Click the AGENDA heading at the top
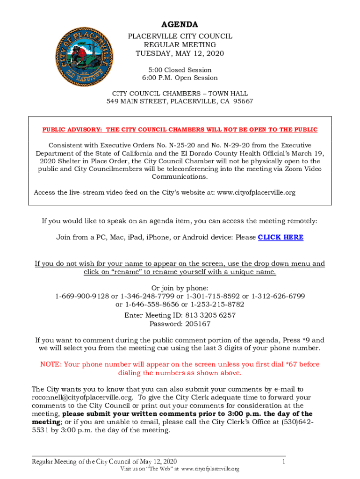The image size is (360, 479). tap(180, 24)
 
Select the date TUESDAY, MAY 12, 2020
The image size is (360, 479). tap(180, 53)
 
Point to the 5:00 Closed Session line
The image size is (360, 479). tap(180, 70)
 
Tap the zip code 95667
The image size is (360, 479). tap(243, 101)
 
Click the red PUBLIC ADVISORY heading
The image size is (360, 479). tap(180, 130)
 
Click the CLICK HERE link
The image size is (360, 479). tap(281, 237)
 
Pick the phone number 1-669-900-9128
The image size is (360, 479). tap(82, 296)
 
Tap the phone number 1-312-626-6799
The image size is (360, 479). tap(279, 296)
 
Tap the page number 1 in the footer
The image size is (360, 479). tap(283, 462)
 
